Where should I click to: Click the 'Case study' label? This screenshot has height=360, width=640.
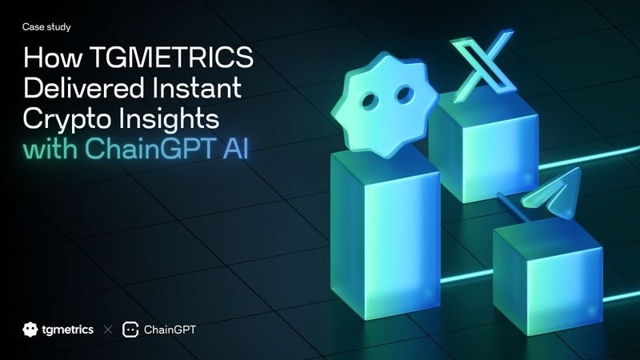tap(47, 27)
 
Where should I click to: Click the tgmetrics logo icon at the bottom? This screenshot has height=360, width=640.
tap(30, 329)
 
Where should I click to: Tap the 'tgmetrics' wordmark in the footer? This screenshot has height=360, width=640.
tap(67, 329)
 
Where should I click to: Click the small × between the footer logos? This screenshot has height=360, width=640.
tap(108, 329)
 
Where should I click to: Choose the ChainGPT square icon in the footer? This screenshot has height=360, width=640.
tap(131, 329)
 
